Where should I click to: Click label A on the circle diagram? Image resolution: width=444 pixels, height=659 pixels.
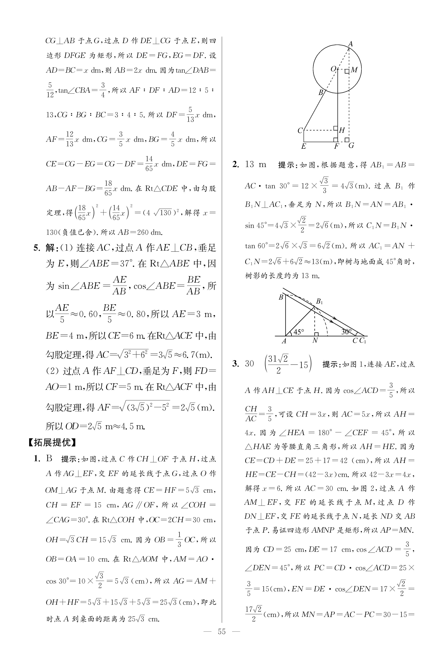(350, 44)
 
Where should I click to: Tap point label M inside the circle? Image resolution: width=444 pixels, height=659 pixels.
(354, 70)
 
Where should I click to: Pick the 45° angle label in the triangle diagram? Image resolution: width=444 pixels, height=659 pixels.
(298, 332)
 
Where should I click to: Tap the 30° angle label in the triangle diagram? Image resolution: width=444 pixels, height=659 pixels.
(346, 332)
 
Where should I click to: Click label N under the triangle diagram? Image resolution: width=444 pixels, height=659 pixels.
(315, 341)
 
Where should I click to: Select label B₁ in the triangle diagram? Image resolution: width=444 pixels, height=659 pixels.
(319, 301)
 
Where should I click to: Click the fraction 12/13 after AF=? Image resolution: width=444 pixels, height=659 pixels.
(70, 139)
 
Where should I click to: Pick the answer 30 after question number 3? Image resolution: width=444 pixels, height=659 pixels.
(249, 364)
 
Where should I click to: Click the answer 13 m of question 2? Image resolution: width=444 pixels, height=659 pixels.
(255, 165)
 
